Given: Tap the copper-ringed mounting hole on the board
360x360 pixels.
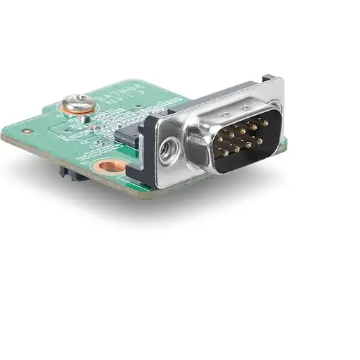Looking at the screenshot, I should tap(111, 167).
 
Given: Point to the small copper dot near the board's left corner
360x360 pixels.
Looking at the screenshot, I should tap(27, 131).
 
